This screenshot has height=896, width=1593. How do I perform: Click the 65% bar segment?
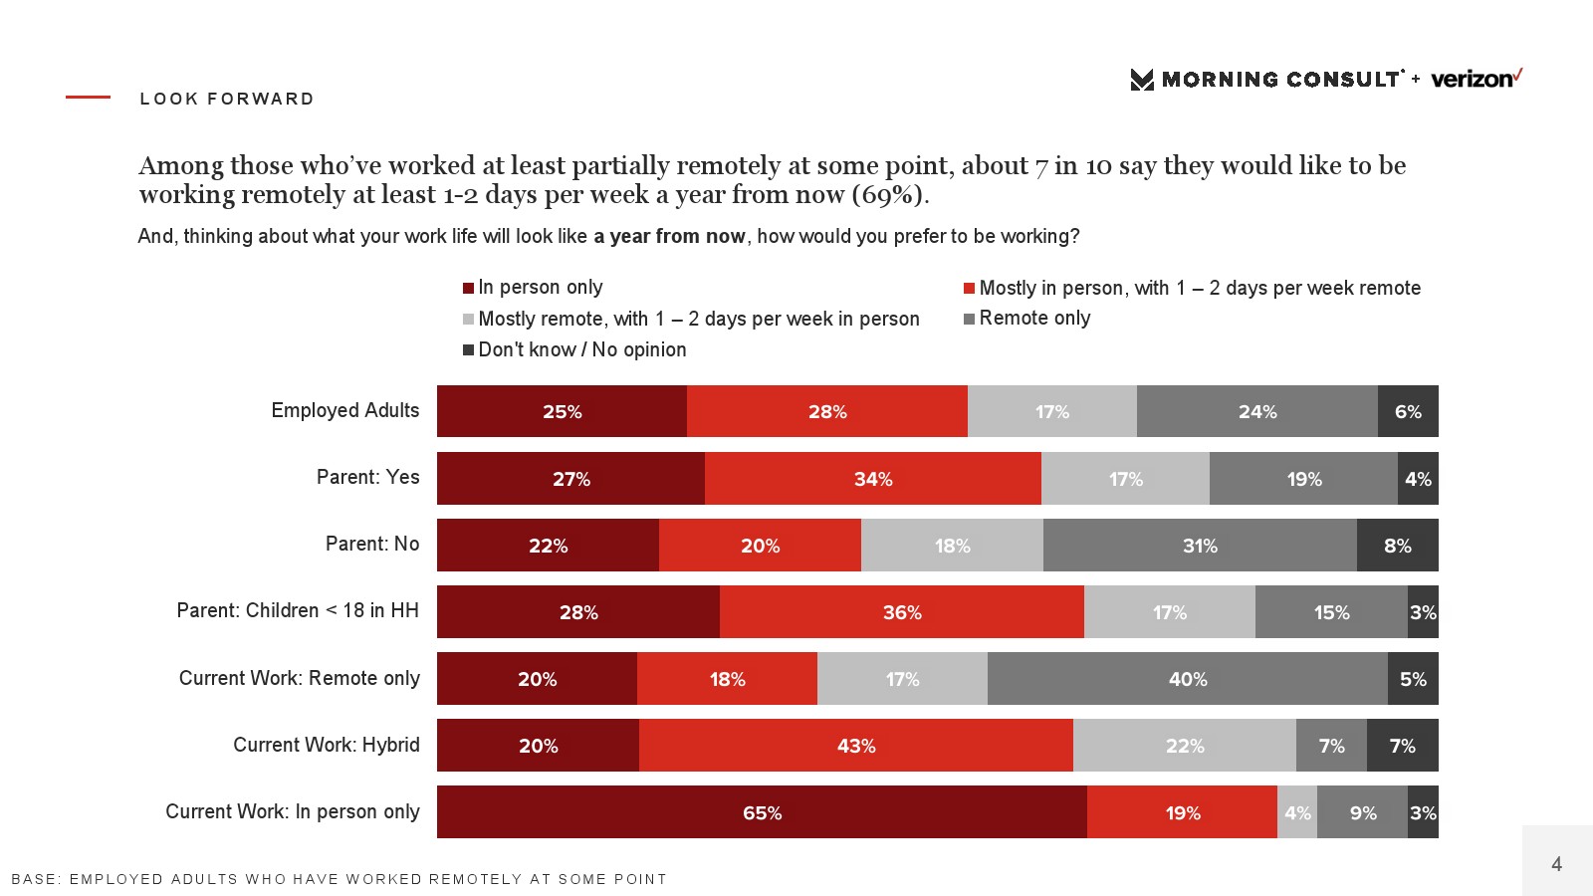[762, 812]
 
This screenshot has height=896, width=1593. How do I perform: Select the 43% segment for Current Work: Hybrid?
[855, 746]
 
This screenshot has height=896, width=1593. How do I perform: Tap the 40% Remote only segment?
[1187, 679]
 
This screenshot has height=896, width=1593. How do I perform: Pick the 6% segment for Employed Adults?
[1408, 411]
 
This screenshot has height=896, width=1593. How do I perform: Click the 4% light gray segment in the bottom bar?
[1296, 812]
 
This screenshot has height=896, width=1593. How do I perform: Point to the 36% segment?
[901, 612]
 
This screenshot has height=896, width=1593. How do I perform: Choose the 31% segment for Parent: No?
[1200, 546]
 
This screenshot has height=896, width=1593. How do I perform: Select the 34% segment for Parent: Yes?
[872, 479]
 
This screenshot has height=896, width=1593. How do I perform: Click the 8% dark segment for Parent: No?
[1397, 546]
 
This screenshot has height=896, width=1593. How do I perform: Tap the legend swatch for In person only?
[468, 289]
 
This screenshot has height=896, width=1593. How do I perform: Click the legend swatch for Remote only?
[969, 320]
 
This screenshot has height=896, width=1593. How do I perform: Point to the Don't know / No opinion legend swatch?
[468, 350]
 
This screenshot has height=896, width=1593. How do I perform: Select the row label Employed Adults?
[345, 410]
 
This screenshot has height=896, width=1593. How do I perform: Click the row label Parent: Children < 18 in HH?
[298, 610]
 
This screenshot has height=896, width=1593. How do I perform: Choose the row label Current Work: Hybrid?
[327, 745]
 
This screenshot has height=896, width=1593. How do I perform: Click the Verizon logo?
[1476, 79]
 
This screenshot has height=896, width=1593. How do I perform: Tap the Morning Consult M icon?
[1142, 80]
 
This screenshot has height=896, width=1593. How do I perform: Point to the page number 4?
[1556, 864]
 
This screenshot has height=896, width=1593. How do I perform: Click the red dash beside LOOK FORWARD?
[88, 98]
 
